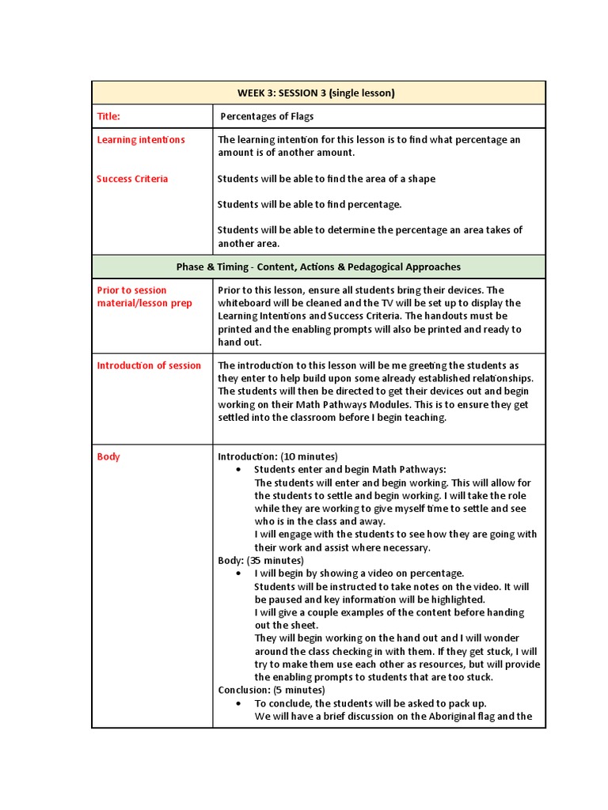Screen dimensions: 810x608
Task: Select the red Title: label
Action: pos(108,116)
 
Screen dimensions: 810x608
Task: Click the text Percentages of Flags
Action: pos(267,116)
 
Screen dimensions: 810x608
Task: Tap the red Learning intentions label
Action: pos(141,140)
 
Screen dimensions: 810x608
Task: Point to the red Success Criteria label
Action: pos(132,179)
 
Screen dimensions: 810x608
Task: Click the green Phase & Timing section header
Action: pos(318,267)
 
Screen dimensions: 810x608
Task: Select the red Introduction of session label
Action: pos(149,365)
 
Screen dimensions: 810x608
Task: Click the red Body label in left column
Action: pos(108,457)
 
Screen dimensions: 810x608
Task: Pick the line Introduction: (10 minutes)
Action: pos(278,457)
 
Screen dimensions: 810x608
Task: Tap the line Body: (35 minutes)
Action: pos(260,560)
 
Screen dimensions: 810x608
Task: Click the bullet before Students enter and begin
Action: pos(238,470)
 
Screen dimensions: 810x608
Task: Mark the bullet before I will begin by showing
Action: pos(238,573)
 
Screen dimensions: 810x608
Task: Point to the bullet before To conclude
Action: pos(238,703)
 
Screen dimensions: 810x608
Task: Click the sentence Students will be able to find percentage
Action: pos(310,204)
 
